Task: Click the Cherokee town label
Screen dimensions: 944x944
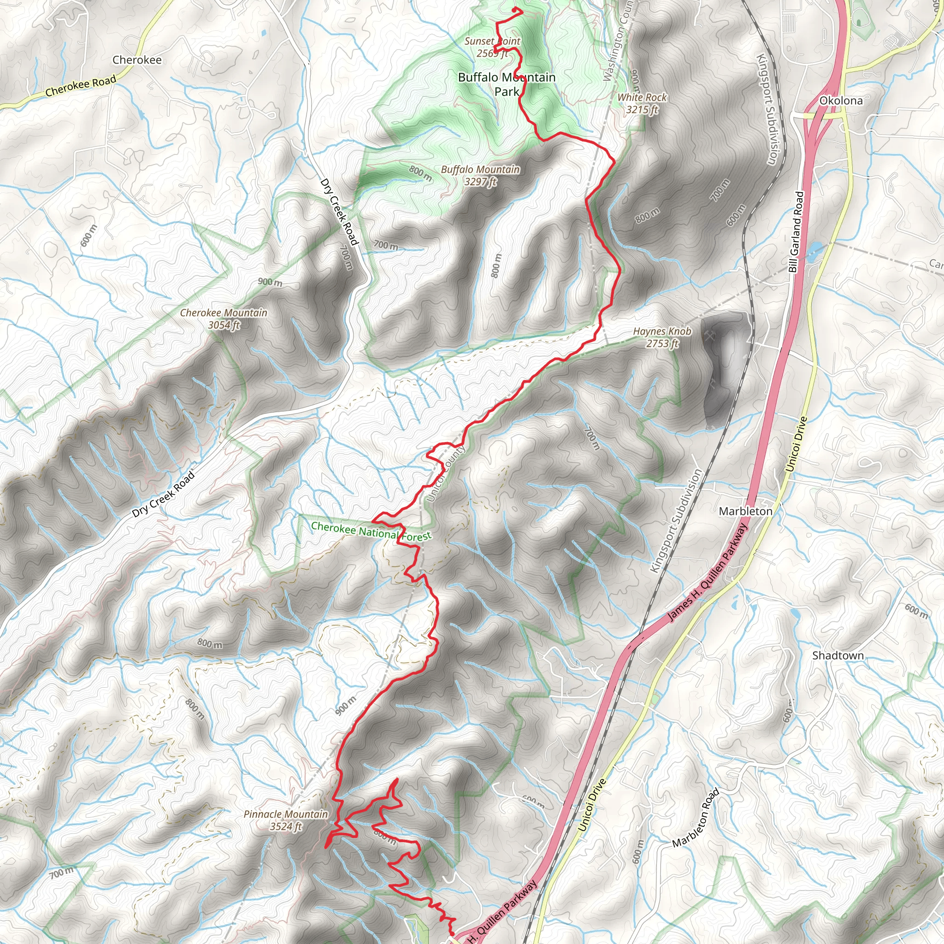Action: coord(137,60)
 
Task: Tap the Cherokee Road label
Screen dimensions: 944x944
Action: coord(81,86)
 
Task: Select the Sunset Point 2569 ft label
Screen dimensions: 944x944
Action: coord(492,47)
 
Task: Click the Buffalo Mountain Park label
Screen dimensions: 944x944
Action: coord(507,84)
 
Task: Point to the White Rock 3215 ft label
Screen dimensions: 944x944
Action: coord(642,104)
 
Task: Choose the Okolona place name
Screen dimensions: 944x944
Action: coord(841,100)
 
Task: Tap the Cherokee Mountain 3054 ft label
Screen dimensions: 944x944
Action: coord(224,319)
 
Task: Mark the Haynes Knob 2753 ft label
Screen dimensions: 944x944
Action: coord(662,337)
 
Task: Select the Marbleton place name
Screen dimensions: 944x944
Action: coord(746,511)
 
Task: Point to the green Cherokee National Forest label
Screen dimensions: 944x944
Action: coord(372,531)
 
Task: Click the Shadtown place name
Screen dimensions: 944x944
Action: coord(838,656)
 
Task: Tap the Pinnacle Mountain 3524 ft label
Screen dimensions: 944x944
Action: coord(286,820)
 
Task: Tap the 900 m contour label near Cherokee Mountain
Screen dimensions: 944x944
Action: coord(270,282)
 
